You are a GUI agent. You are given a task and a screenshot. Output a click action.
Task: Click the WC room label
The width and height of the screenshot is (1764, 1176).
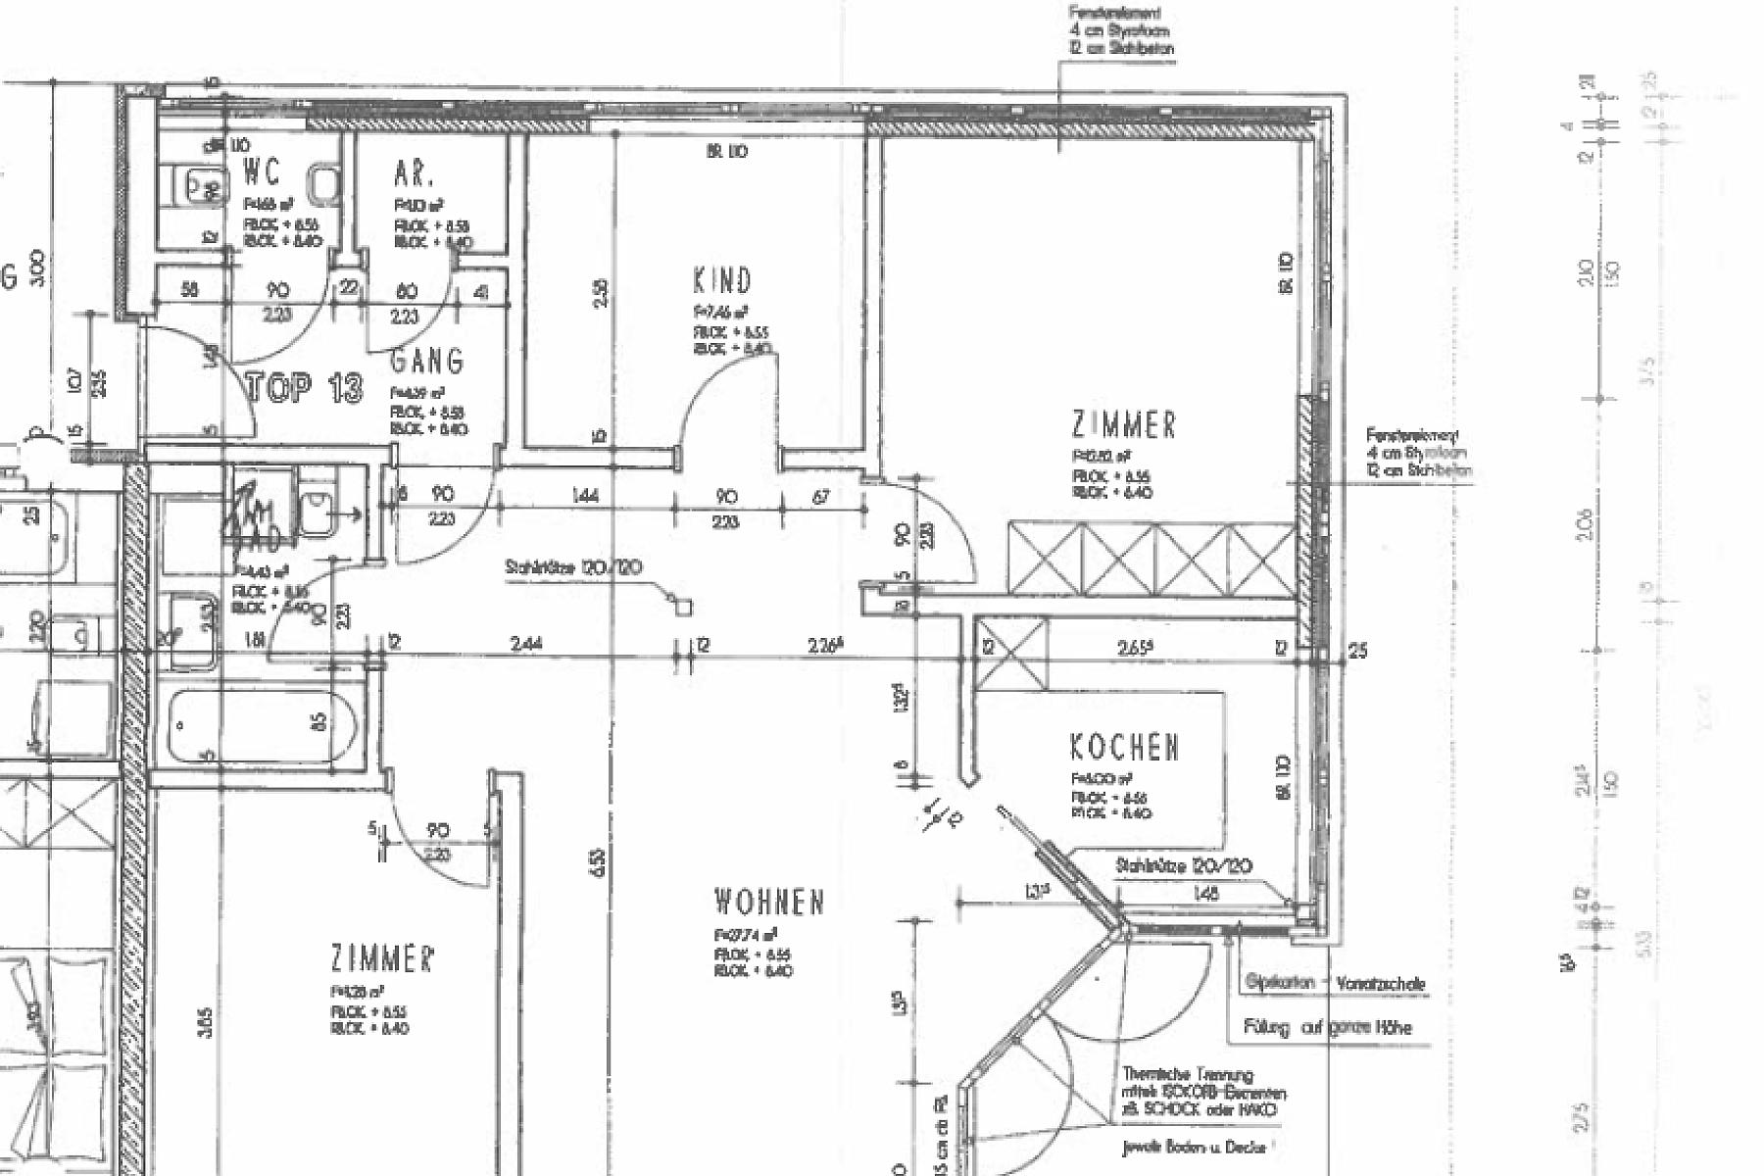pyautogui.click(x=262, y=172)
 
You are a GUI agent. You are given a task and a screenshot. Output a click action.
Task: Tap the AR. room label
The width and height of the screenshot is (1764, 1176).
pyautogui.click(x=414, y=174)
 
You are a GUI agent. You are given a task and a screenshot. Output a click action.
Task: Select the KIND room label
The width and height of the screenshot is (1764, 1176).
pyautogui.click(x=722, y=281)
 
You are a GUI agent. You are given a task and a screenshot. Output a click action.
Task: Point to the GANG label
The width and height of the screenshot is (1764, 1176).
pyautogui.click(x=426, y=362)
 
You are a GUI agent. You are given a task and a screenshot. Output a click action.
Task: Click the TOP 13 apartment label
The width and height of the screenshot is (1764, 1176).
pyautogui.click(x=304, y=388)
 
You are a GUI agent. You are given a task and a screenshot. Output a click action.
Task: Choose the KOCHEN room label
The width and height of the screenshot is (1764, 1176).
pyautogui.click(x=1124, y=748)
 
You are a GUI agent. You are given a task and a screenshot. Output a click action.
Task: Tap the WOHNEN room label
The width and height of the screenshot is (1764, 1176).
pyautogui.click(x=769, y=902)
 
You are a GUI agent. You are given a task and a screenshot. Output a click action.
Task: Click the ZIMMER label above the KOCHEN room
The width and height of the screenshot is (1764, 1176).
pyautogui.click(x=1123, y=425)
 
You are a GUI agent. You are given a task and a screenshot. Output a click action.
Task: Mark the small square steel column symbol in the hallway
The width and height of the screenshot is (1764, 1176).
pyautogui.click(x=683, y=608)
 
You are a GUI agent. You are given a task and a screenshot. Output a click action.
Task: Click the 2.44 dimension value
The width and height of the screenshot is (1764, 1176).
pyautogui.click(x=526, y=644)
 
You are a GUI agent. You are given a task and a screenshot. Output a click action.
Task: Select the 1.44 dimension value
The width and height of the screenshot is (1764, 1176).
pyautogui.click(x=586, y=497)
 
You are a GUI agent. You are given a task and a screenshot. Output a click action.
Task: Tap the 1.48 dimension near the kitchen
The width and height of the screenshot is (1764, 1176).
pyautogui.click(x=1206, y=893)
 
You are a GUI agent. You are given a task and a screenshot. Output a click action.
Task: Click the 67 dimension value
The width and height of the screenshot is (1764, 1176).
pyautogui.click(x=820, y=497)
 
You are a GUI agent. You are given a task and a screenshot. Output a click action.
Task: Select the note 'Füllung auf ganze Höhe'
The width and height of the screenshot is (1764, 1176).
pyautogui.click(x=1327, y=1028)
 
